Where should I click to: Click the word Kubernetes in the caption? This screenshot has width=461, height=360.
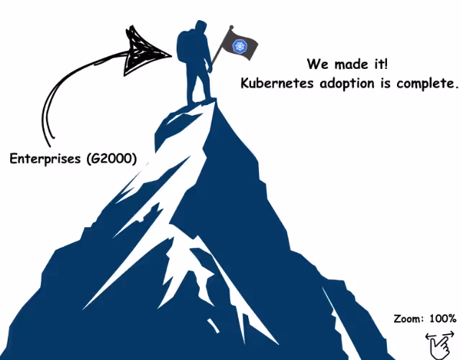pos(273,83)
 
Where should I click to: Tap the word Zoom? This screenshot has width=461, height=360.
pos(408,318)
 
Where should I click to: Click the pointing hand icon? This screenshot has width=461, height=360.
pos(438,347)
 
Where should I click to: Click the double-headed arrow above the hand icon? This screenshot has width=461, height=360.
pos(435,336)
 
